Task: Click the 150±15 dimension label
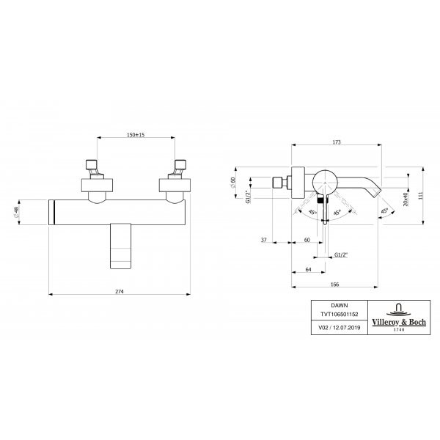136,135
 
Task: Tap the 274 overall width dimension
120,291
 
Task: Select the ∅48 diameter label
15,212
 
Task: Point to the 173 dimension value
337,142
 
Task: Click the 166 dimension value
335,285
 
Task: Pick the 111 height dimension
420,196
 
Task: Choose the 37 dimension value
264,240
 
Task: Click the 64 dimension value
309,269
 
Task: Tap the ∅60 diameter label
232,183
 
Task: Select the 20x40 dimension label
406,199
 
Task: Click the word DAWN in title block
340,305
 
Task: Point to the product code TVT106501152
340,315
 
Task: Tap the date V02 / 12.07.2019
340,328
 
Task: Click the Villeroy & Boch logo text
399,322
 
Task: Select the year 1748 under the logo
399,330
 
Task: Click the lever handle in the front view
121,246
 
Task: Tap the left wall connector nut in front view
97,186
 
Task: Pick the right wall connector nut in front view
175,186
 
